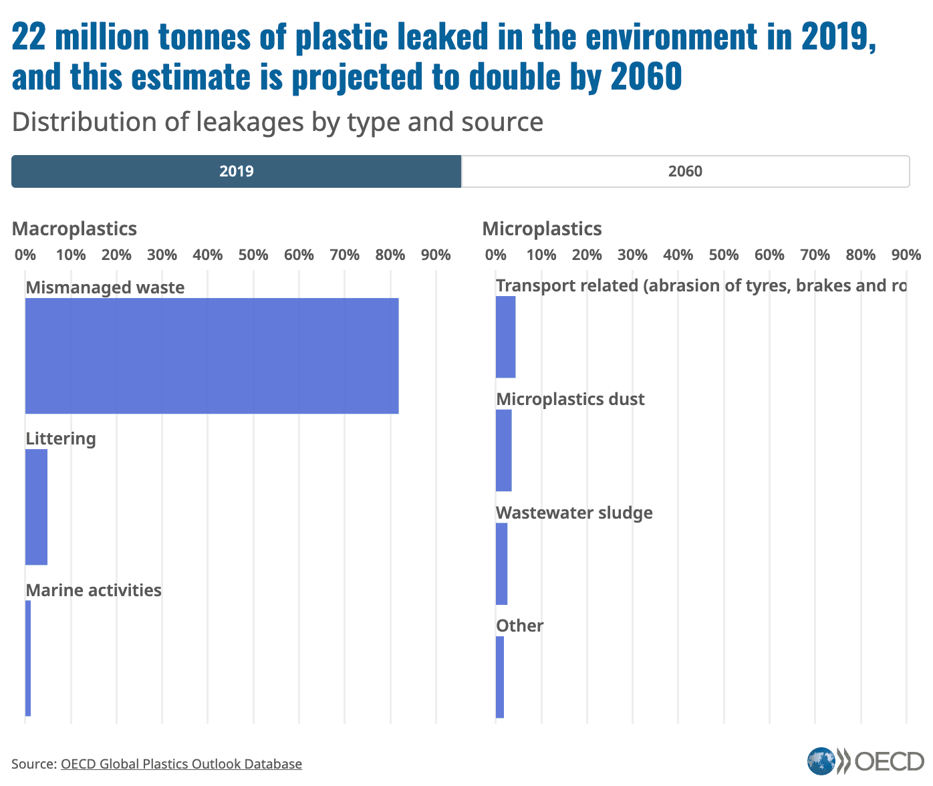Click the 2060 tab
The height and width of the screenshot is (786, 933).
tap(685, 171)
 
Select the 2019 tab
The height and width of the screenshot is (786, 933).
tap(236, 171)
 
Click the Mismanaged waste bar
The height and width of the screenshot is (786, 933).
tap(212, 356)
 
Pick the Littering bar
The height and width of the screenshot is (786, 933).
tap(36, 507)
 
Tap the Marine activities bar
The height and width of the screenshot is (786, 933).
tap(28, 658)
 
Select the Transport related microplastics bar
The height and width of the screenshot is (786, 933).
tap(505, 337)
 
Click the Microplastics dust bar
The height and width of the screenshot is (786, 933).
tap(503, 450)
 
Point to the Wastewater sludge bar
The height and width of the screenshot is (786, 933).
tap(501, 564)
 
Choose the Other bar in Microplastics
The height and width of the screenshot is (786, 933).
tap(500, 677)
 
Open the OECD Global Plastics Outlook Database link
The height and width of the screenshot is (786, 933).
tap(181, 763)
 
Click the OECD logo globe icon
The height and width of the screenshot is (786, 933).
tap(821, 761)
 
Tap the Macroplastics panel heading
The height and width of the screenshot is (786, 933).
tap(74, 229)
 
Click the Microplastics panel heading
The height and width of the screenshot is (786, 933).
tap(542, 229)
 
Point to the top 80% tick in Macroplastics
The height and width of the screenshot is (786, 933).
tap(390, 255)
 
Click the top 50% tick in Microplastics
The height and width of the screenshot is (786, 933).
tap(724, 255)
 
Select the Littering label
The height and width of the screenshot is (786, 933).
tap(61, 438)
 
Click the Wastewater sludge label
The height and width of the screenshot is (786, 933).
tap(574, 513)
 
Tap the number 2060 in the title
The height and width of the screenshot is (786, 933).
tap(646, 76)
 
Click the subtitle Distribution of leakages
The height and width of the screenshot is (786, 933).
tap(277, 122)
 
